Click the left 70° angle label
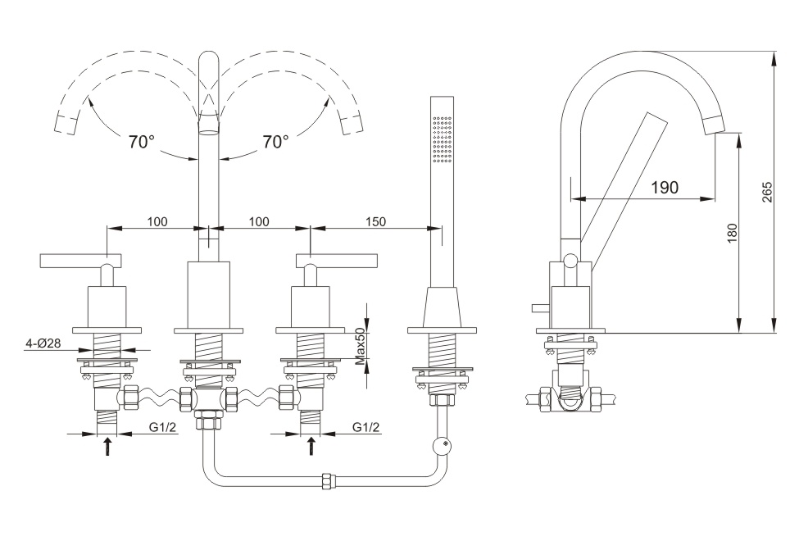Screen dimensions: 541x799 142,142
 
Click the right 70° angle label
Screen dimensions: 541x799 275,142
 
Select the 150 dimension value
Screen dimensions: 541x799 375,221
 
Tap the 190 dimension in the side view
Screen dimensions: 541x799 664,188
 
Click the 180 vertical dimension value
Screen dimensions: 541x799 732,232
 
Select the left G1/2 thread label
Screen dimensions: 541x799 163,427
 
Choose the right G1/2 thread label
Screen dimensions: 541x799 366,427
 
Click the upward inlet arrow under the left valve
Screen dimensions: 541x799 107,448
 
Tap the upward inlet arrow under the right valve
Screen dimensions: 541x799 311,448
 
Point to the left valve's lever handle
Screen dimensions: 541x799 82,261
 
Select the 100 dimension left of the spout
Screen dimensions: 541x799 157,221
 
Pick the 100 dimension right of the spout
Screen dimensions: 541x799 259,221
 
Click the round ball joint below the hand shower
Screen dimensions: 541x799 444,445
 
